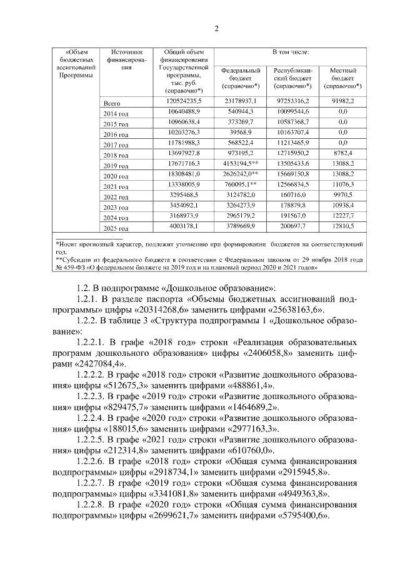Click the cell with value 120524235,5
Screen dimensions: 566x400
coord(182,101)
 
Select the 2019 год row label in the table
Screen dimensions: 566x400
coord(115,166)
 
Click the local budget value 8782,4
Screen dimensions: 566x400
coord(342,154)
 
